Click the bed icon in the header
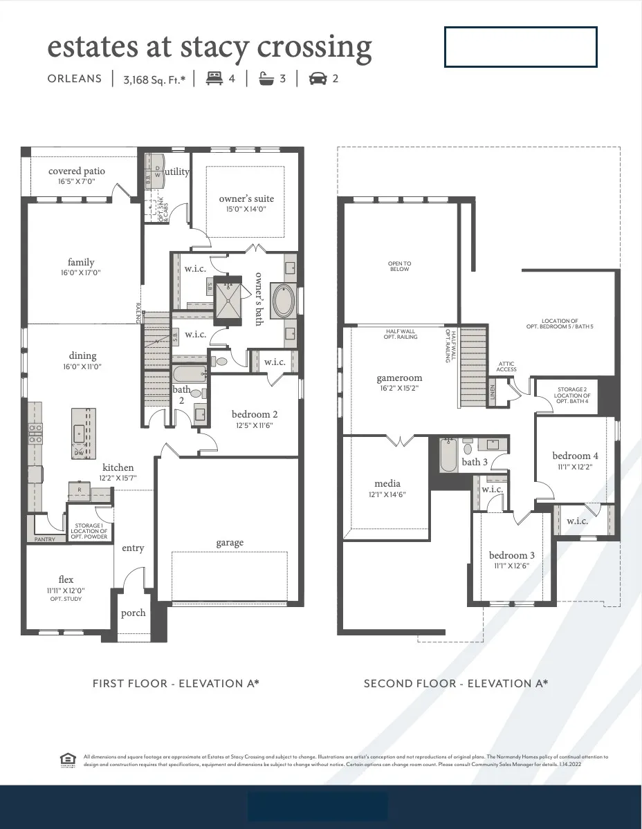click(214, 79)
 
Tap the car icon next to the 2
click(318, 79)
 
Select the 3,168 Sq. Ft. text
click(154, 79)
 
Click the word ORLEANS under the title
click(75, 79)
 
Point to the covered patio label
click(77, 171)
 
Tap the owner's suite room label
click(246, 199)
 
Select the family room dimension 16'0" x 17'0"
click(81, 272)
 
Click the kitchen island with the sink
click(83, 432)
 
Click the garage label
click(230, 543)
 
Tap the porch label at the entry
click(133, 613)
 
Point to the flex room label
click(66, 579)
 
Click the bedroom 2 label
click(255, 414)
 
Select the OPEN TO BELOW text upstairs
click(399, 266)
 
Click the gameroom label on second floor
click(399, 378)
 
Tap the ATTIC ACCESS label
click(506, 366)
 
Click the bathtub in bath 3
click(448, 456)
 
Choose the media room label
click(387, 483)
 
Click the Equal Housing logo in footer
click(67, 759)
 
